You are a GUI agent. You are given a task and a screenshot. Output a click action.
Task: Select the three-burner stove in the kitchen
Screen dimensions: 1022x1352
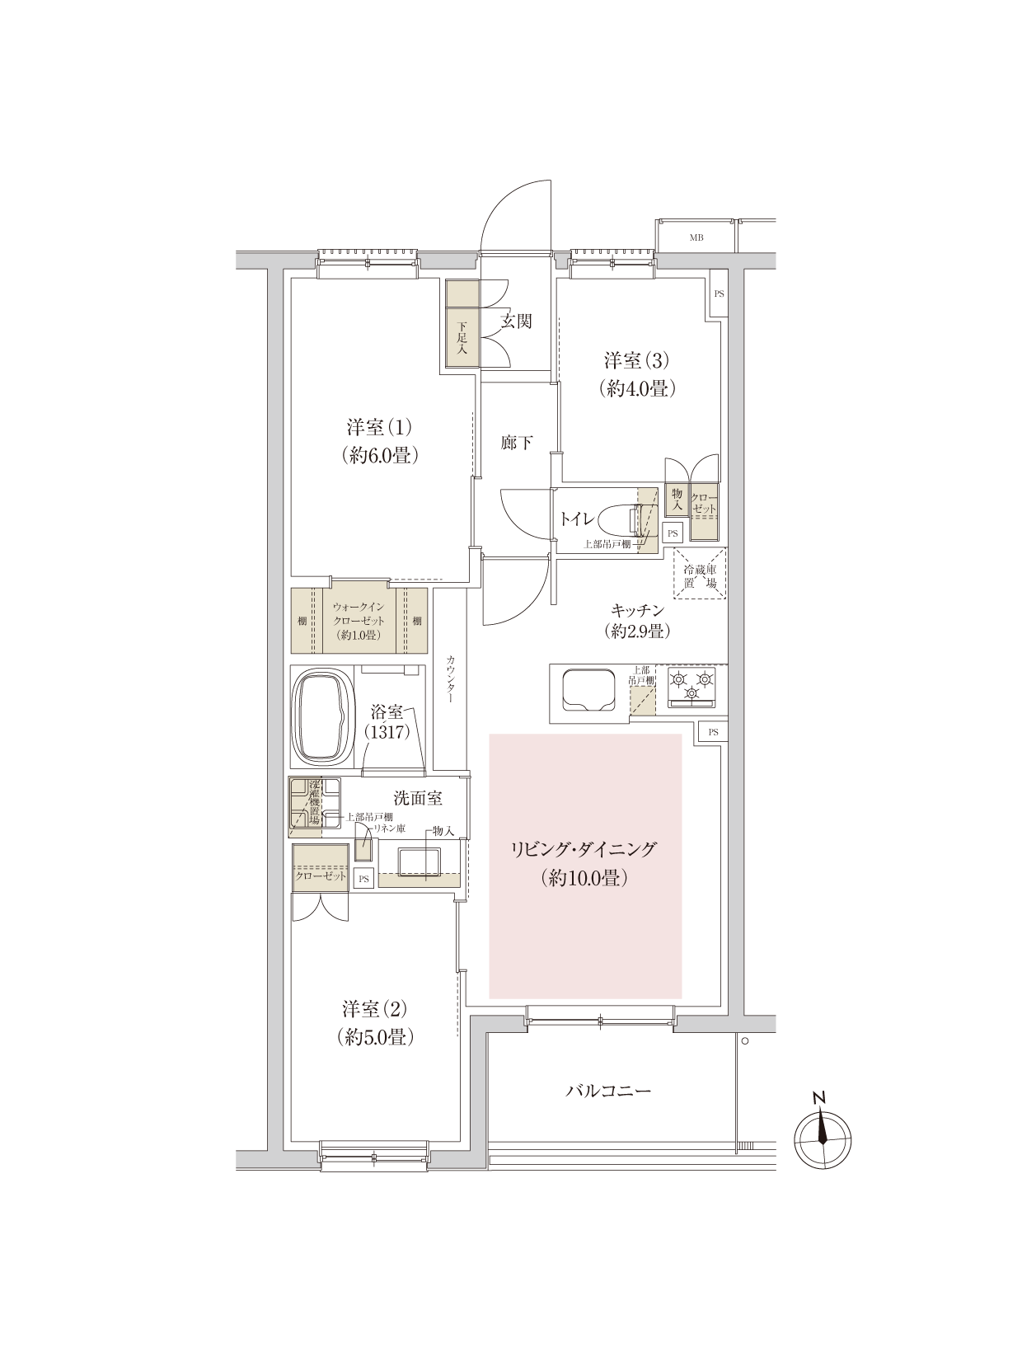[x=691, y=686]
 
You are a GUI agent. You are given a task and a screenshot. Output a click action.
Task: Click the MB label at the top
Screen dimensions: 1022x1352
[x=696, y=237]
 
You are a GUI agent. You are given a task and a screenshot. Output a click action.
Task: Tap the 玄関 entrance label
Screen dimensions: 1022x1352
[x=516, y=321]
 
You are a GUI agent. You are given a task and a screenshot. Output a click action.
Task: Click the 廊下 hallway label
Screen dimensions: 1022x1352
[x=516, y=442]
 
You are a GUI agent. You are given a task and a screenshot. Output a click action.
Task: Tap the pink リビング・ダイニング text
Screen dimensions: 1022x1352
[x=584, y=849]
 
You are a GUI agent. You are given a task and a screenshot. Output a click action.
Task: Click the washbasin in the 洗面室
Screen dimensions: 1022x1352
[x=419, y=862]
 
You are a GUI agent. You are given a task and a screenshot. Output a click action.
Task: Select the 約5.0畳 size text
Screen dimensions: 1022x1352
[x=375, y=1037]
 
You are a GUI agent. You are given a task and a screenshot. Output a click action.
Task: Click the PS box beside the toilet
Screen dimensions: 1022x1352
[x=673, y=533]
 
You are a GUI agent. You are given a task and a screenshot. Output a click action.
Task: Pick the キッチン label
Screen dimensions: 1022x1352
[x=637, y=610]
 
